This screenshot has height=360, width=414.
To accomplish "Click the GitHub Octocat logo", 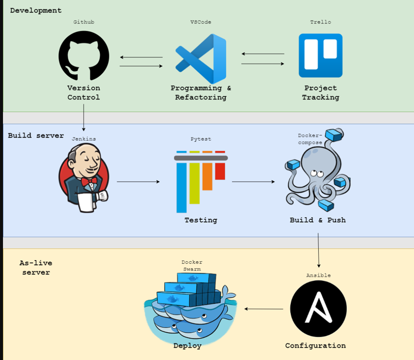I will [84, 55].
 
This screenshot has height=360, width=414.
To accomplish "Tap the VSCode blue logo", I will [201, 59].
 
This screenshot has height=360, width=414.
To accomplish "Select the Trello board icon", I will [320, 55].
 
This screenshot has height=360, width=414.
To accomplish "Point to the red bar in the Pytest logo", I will [220, 171].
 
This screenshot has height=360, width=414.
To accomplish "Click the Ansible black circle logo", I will [318, 308].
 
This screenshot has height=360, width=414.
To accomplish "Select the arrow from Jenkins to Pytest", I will [138, 181].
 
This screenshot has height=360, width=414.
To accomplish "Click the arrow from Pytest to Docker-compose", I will [253, 181].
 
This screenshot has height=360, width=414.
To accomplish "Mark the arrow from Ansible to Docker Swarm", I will [264, 309].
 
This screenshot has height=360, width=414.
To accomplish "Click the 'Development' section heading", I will [35, 10].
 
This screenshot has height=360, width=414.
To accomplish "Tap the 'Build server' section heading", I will [35, 135].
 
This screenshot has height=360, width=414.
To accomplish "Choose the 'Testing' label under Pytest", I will [201, 220].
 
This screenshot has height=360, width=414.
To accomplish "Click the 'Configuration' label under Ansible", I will [315, 345].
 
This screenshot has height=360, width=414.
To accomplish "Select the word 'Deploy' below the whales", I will [187, 345].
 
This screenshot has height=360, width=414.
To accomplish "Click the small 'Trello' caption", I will [321, 22].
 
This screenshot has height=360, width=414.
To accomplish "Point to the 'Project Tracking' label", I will [321, 92].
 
